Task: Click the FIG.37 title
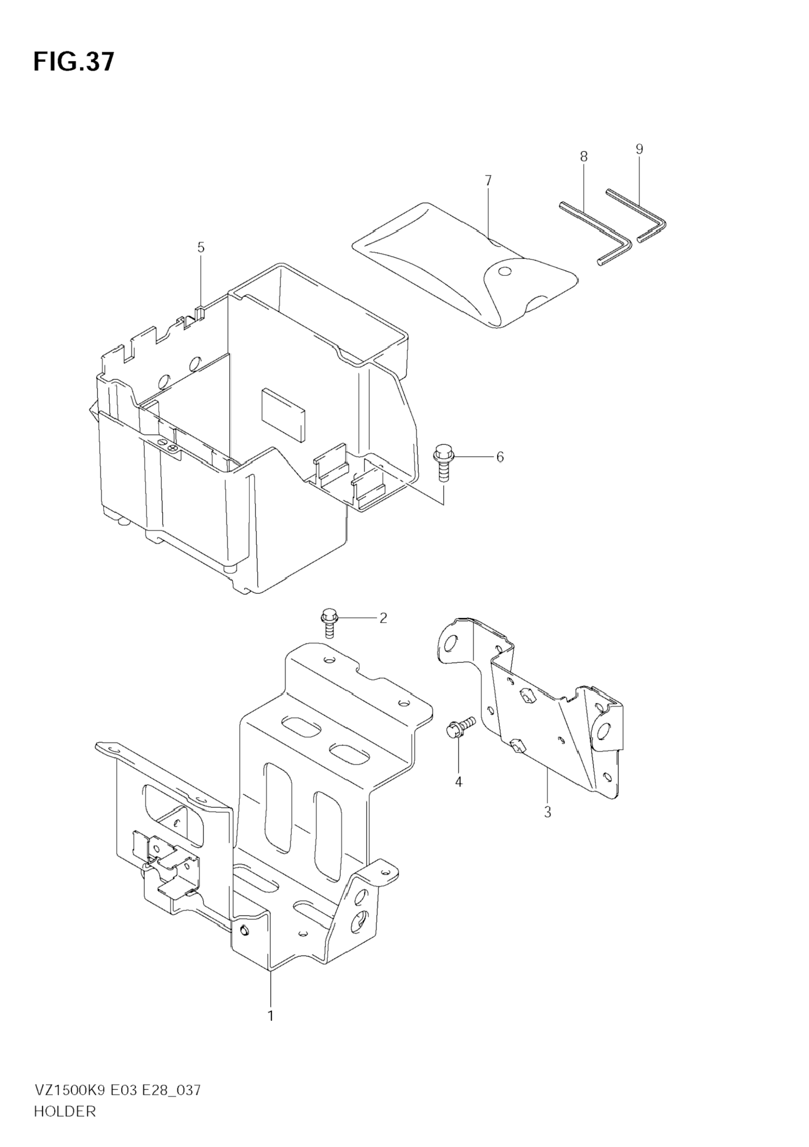(x=74, y=62)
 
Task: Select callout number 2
(x=383, y=618)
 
